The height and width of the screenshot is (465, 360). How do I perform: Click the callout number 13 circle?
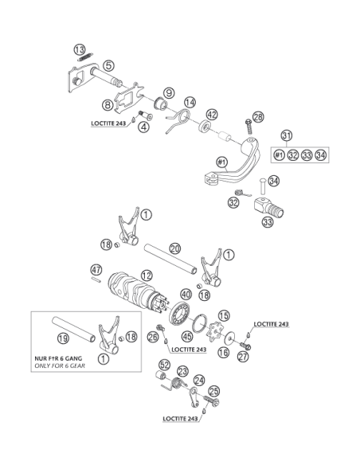(x=80, y=49)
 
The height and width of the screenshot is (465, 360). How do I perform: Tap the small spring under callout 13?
(x=85, y=57)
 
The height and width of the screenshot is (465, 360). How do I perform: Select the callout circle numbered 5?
(x=109, y=65)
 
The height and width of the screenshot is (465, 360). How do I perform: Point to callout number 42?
(x=212, y=115)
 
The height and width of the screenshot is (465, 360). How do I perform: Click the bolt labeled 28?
(x=248, y=127)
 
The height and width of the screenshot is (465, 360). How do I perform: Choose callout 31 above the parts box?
(x=287, y=136)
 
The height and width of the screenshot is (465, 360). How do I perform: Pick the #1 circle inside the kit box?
(x=279, y=154)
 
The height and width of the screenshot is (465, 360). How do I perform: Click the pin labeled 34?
(x=263, y=186)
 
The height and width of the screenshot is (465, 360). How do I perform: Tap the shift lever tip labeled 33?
(x=268, y=208)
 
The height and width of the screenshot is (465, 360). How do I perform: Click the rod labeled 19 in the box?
(x=73, y=329)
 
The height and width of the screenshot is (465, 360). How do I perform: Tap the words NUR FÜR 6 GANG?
(x=58, y=358)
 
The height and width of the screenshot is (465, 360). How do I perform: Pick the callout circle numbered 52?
(x=165, y=365)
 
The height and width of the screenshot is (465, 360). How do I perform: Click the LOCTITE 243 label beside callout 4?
(x=108, y=123)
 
